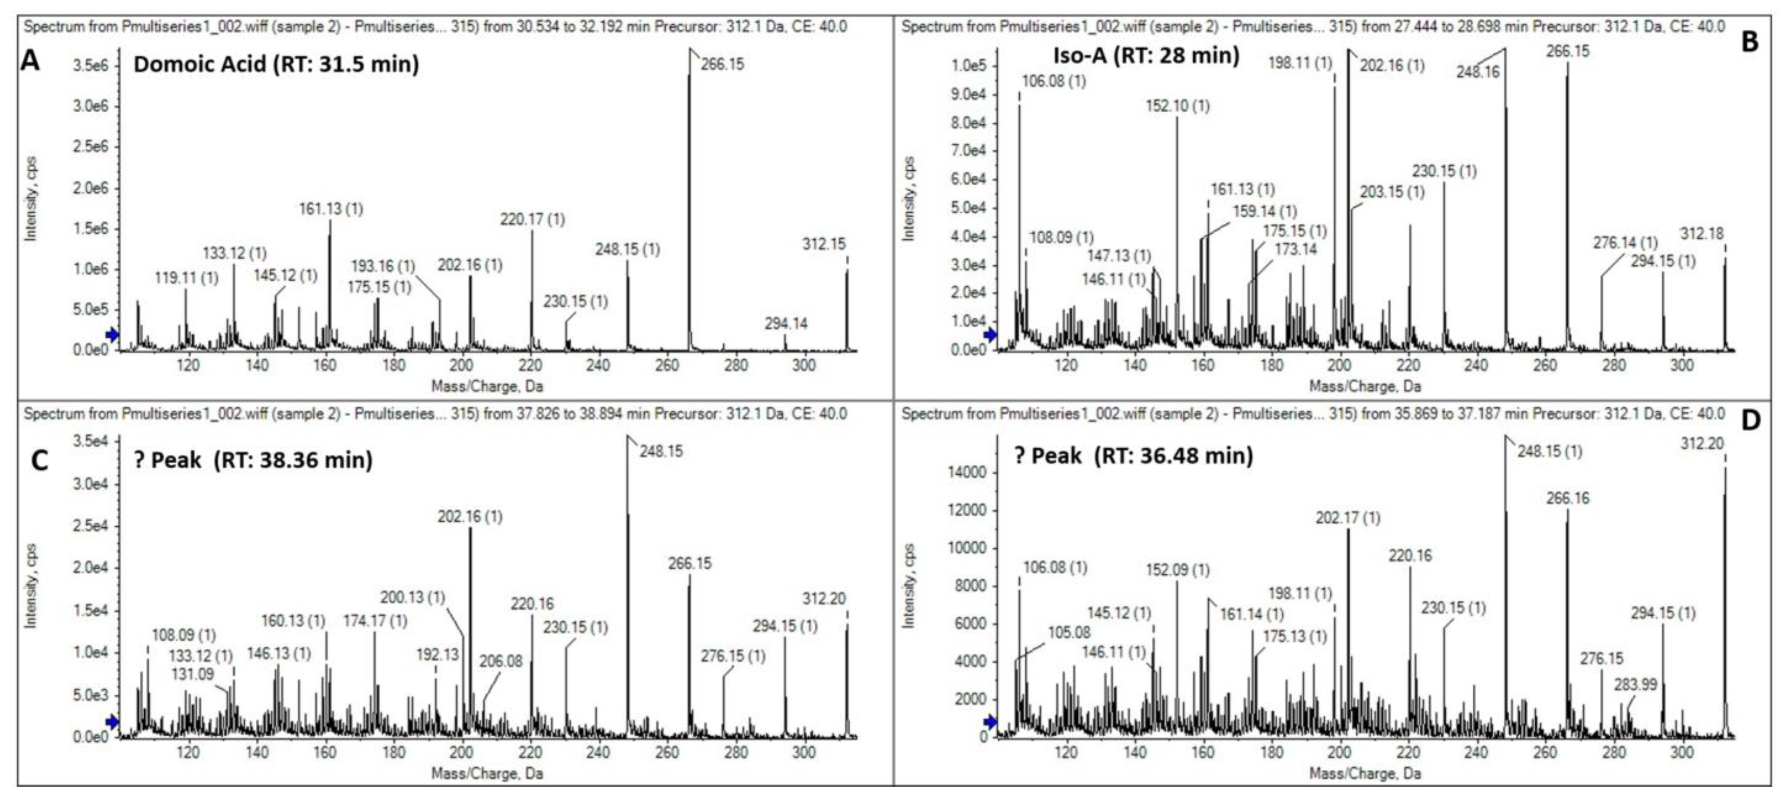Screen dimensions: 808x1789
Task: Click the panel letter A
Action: pos(30,61)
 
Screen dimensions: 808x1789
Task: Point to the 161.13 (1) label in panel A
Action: pos(331,209)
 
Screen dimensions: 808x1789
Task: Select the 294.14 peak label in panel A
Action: pos(786,323)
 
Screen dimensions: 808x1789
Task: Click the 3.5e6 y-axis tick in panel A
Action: pos(90,65)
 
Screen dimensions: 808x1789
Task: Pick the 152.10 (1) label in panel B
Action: pos(1178,106)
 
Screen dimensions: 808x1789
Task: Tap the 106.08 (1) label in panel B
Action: pos(1053,81)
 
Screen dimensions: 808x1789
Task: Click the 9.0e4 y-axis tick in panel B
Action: pos(968,95)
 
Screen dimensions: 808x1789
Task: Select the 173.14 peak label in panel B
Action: pos(1295,249)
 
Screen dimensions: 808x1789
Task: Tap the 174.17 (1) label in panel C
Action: pos(375,620)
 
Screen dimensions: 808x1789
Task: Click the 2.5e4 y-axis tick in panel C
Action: pos(90,526)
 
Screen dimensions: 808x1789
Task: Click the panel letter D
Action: pos(1751,420)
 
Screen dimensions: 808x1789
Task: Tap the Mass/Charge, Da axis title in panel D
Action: pos(1365,773)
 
